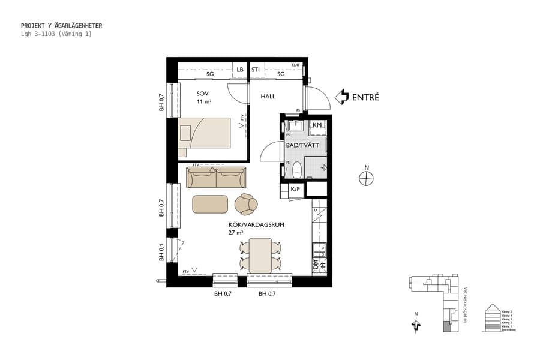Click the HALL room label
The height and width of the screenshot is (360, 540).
pyautogui.click(x=268, y=96)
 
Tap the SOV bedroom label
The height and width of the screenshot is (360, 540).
pyautogui.click(x=202, y=94)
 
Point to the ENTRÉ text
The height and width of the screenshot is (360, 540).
pyautogui.click(x=365, y=97)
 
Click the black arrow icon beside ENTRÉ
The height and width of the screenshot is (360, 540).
pyautogui.click(x=341, y=97)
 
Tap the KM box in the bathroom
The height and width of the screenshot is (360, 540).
pyautogui.click(x=317, y=125)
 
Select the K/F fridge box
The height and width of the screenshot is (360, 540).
pyautogui.click(x=295, y=190)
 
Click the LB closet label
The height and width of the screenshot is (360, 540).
pyautogui.click(x=240, y=70)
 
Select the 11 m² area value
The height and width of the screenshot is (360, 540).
pyautogui.click(x=203, y=102)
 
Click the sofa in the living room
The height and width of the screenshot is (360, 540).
pyautogui.click(x=217, y=178)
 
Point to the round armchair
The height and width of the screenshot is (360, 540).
pyautogui.click(x=246, y=204)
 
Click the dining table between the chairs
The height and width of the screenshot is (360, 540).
pyautogui.click(x=260, y=254)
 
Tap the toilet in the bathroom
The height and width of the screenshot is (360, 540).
pyautogui.click(x=296, y=171)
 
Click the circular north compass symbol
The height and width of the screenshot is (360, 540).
pyautogui.click(x=366, y=178)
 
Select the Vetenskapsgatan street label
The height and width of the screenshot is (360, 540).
pyautogui.click(x=465, y=304)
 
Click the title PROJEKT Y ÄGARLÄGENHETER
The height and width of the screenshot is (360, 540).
pyautogui.click(x=61, y=26)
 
